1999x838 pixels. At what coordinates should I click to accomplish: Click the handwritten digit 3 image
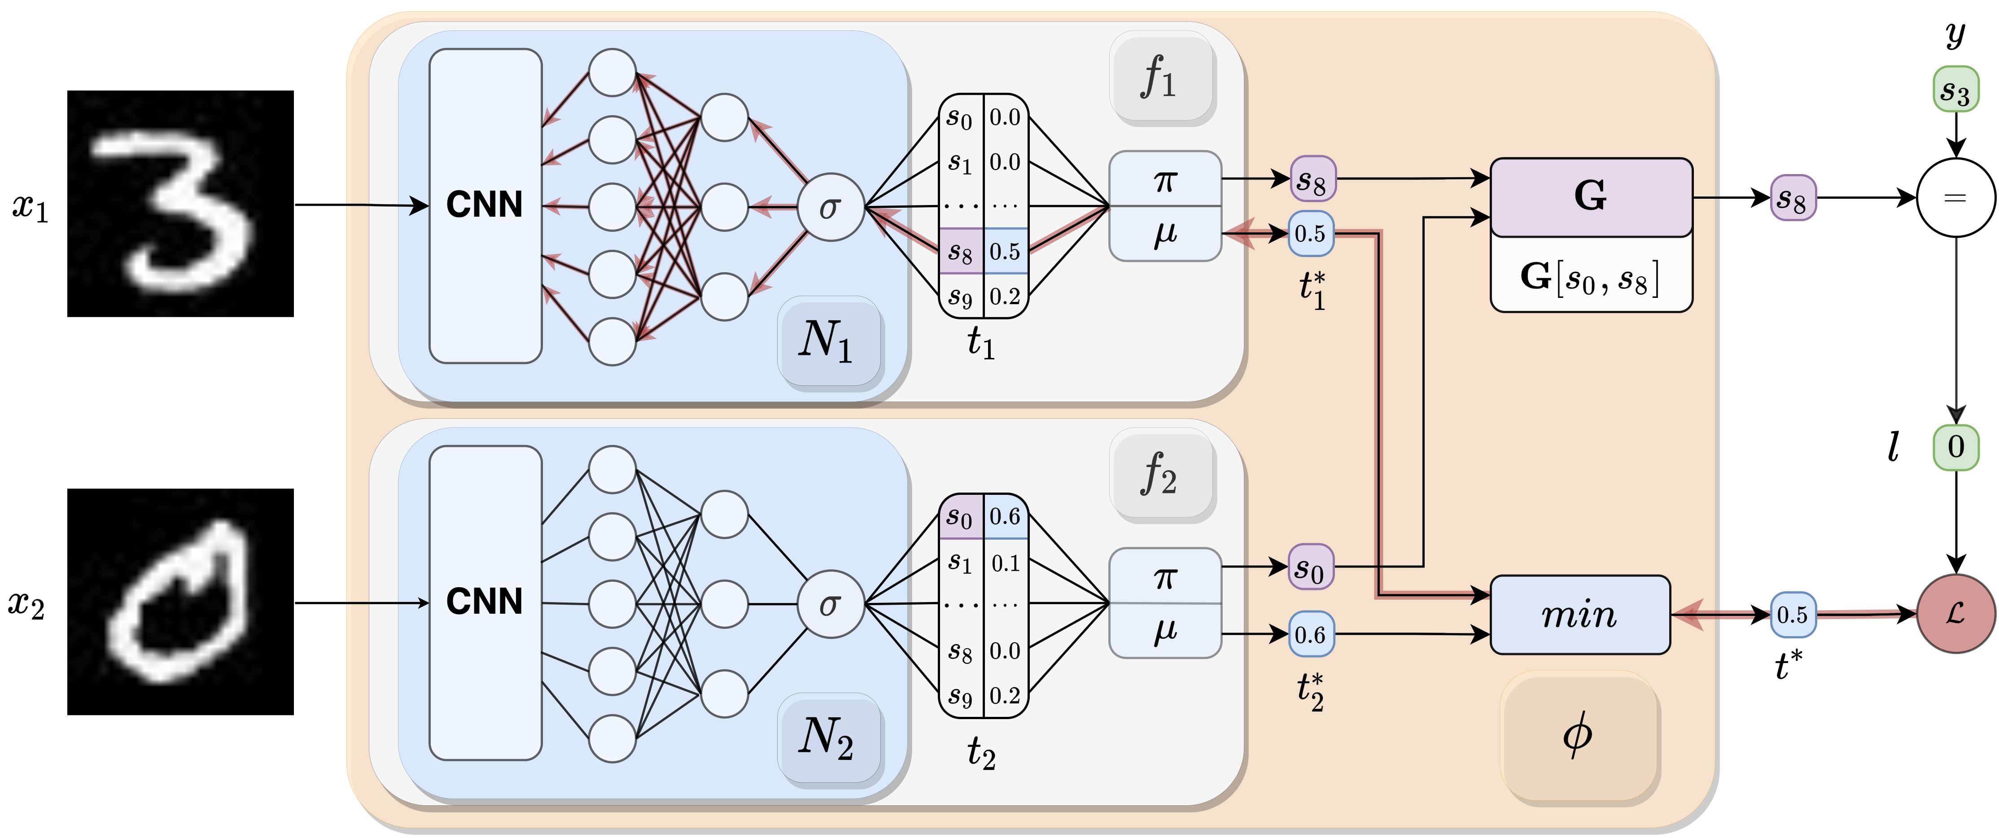click(180, 203)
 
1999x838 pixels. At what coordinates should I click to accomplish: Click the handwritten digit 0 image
click(180, 601)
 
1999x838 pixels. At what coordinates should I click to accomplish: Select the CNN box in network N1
click(485, 205)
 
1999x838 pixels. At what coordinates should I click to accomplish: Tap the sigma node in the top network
click(830, 207)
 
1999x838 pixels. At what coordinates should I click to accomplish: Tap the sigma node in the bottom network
click(830, 604)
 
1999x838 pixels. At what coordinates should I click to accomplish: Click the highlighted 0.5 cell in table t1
click(1005, 251)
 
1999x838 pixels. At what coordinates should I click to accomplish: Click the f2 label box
click(1162, 474)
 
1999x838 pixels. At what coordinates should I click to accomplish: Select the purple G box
click(1591, 197)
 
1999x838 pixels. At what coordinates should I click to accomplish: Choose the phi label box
click(1579, 736)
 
